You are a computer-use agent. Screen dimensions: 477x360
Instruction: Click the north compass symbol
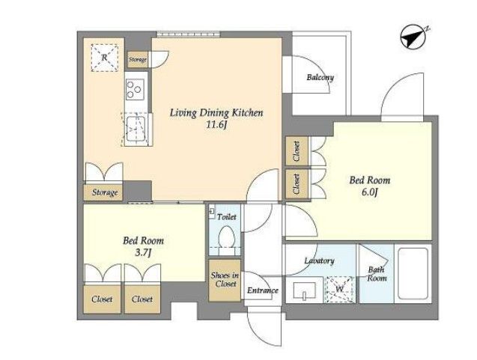(413, 37)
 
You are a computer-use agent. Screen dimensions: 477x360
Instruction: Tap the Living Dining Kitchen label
(216, 113)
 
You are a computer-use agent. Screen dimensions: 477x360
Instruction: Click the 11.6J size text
(216, 125)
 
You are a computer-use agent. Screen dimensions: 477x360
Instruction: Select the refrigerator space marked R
(104, 58)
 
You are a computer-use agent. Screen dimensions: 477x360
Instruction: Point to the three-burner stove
(136, 89)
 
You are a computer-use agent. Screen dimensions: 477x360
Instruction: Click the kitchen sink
(136, 129)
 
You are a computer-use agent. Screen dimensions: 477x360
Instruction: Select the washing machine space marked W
(340, 289)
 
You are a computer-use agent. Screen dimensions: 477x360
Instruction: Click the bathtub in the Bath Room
(413, 273)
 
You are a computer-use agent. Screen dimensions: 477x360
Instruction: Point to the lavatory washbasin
(304, 290)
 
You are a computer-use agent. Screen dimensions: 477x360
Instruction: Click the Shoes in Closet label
(225, 280)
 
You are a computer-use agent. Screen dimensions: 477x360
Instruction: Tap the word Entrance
(263, 290)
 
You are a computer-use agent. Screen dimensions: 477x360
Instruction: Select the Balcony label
(320, 77)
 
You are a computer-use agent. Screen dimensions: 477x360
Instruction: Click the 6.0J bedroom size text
(370, 192)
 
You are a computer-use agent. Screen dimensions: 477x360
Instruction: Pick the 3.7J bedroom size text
(143, 253)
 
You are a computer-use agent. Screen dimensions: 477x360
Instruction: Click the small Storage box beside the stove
(138, 59)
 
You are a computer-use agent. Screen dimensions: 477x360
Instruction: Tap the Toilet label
(227, 217)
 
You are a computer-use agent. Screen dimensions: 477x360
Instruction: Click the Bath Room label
(377, 274)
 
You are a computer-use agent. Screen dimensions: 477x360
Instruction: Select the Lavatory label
(320, 260)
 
